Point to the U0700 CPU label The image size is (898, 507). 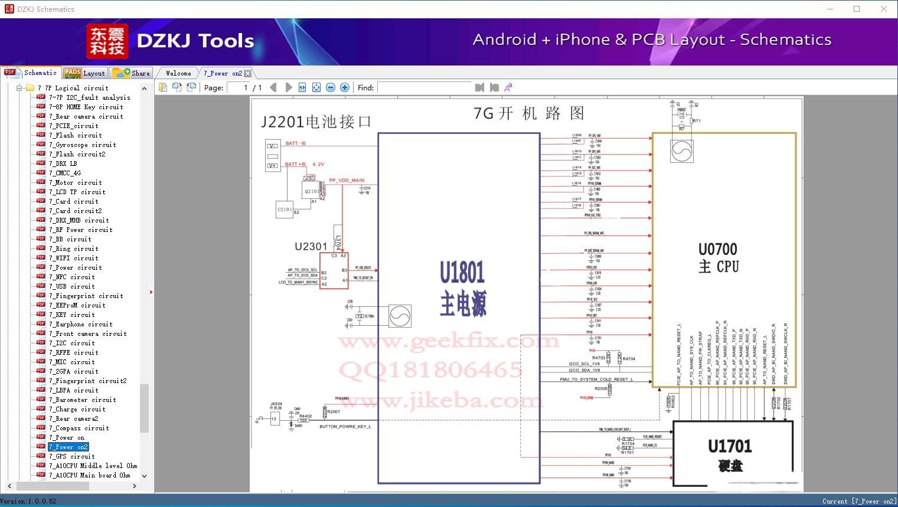pos(718,258)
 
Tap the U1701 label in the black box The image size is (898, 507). pos(730,447)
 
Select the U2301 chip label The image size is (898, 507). pos(311,246)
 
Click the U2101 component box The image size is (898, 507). pos(285,210)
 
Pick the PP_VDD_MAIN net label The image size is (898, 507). pos(347,181)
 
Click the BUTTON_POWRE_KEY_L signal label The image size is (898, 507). pos(345,426)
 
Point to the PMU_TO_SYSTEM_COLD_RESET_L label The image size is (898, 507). pos(596,380)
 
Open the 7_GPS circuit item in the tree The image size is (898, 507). pos(71,456)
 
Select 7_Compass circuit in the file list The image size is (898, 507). pos(79,428)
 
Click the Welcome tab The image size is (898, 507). pos(178,73)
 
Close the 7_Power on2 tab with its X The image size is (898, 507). pos(248,74)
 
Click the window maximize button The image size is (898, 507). pos(857,9)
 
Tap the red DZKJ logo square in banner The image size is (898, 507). pos(107,41)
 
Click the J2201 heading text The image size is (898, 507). pos(316,122)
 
